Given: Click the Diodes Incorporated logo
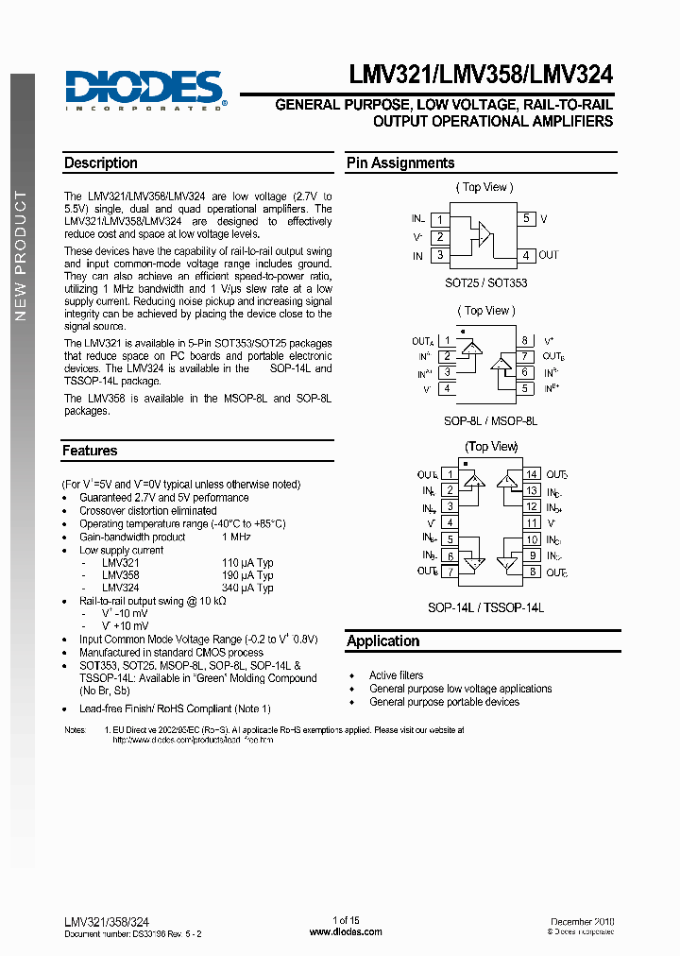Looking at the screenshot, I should (x=144, y=91).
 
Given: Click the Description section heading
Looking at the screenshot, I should (x=101, y=163).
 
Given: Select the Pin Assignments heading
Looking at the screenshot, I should (x=400, y=163).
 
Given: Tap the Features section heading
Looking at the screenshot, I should (x=91, y=452).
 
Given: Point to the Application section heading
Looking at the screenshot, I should (x=382, y=641).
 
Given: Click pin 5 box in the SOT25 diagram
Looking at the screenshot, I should (x=526, y=218).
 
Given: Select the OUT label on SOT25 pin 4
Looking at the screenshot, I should (x=549, y=255).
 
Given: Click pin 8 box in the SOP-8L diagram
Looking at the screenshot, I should (x=525, y=341).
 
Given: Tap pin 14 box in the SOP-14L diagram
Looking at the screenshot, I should (x=532, y=474).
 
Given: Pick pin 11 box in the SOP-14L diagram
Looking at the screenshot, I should (x=532, y=522).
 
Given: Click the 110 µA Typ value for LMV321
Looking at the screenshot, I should (x=246, y=562).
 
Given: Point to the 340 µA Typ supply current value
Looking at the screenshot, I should (x=246, y=589).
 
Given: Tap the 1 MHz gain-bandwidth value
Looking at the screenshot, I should (x=235, y=537).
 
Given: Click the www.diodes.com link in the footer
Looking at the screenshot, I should (x=346, y=931).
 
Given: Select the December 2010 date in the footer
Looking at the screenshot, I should (x=582, y=920).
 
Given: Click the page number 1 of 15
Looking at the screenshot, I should (x=346, y=920).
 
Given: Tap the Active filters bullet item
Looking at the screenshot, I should (x=396, y=675).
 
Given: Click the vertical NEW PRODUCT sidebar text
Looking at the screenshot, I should (x=21, y=256).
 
